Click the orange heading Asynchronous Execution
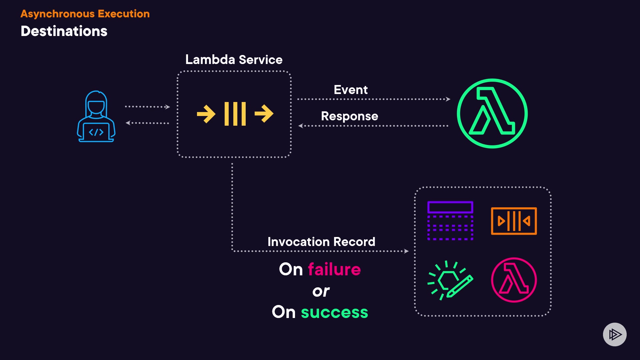(x=85, y=14)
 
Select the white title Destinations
(x=64, y=31)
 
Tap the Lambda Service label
(x=234, y=60)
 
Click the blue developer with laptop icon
(x=96, y=116)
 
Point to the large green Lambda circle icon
(x=492, y=113)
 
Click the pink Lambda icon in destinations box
(x=514, y=280)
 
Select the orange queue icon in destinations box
(x=514, y=221)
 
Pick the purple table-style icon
(x=450, y=221)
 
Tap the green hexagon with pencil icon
(x=450, y=280)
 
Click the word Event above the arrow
(x=351, y=90)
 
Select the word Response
(x=350, y=116)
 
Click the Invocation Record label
(x=321, y=242)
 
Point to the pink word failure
(x=334, y=269)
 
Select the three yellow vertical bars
(x=235, y=114)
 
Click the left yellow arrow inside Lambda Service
(x=206, y=114)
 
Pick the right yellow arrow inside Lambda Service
(x=264, y=114)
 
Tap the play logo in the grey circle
(x=615, y=334)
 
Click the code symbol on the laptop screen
(x=96, y=132)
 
